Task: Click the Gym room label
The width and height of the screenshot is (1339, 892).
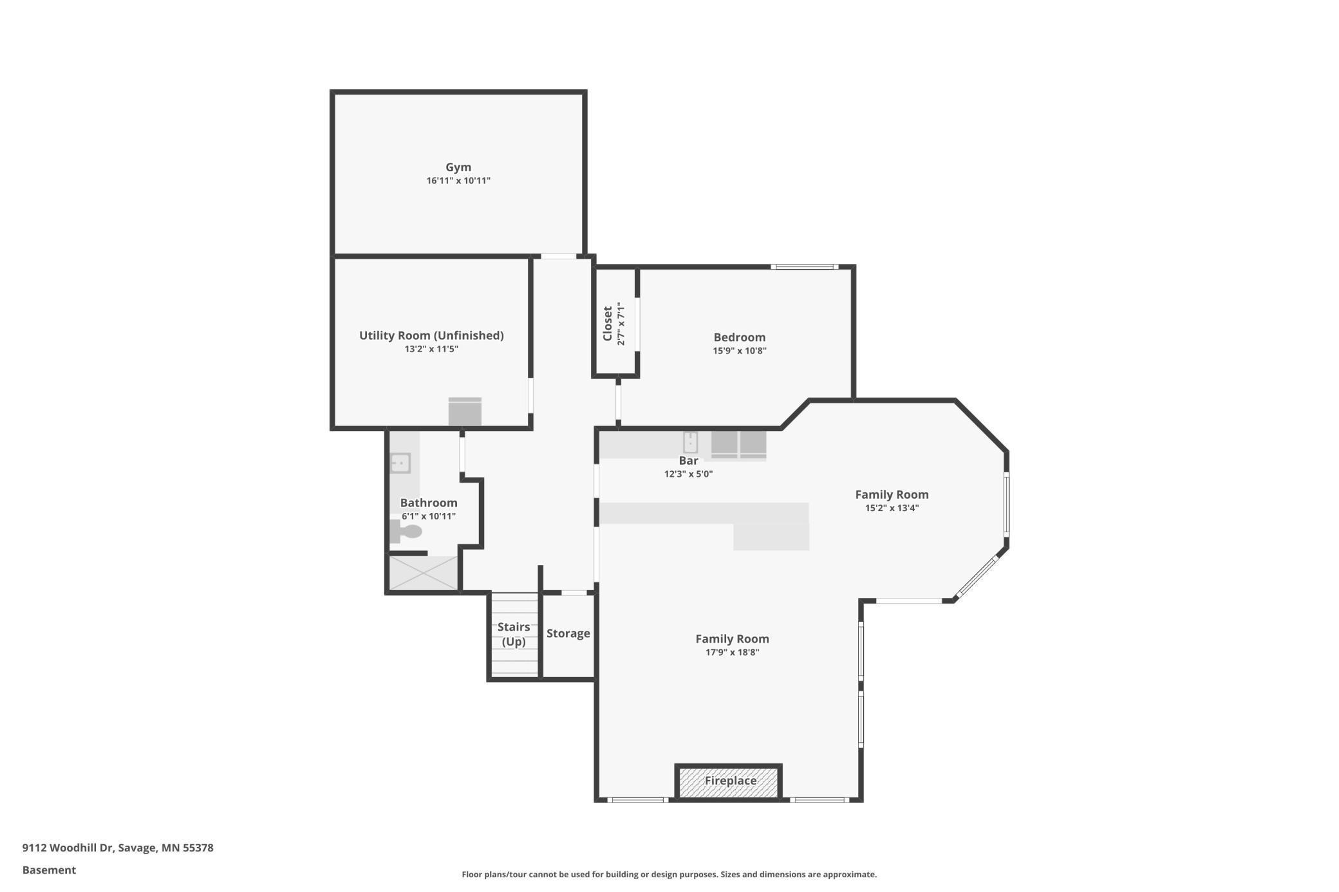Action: click(458, 167)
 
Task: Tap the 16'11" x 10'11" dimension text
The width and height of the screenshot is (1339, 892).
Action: click(458, 181)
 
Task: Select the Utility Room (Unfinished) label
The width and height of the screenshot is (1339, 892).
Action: click(431, 335)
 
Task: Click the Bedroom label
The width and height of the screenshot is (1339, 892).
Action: click(739, 337)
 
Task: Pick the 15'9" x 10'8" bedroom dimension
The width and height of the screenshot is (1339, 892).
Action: click(739, 351)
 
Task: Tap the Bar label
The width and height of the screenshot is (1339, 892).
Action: click(688, 461)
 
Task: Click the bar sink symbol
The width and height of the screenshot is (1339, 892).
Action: click(690, 443)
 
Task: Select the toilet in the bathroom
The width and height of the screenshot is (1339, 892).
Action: click(406, 532)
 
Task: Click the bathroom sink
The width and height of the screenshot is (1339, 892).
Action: click(400, 463)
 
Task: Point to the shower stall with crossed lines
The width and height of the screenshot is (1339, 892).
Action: click(424, 573)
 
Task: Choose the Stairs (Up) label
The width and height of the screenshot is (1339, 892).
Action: click(514, 634)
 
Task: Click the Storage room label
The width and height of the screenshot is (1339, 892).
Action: click(568, 633)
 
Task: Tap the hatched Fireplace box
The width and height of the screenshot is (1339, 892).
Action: click(729, 781)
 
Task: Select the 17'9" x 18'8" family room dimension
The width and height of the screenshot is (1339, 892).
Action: click(732, 652)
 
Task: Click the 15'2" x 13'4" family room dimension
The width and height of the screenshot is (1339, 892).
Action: click(892, 508)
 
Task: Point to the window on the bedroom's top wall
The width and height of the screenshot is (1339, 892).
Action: click(804, 266)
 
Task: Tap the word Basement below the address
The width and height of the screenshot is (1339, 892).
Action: click(49, 870)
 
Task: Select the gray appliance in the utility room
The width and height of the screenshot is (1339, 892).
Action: click(465, 412)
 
